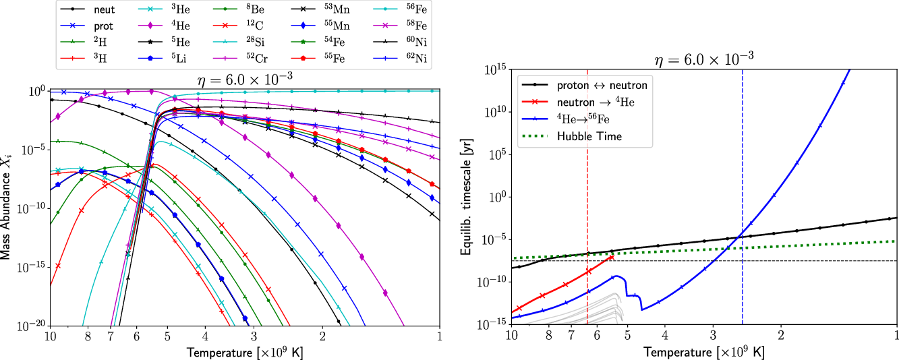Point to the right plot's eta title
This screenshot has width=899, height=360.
click(704, 59)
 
